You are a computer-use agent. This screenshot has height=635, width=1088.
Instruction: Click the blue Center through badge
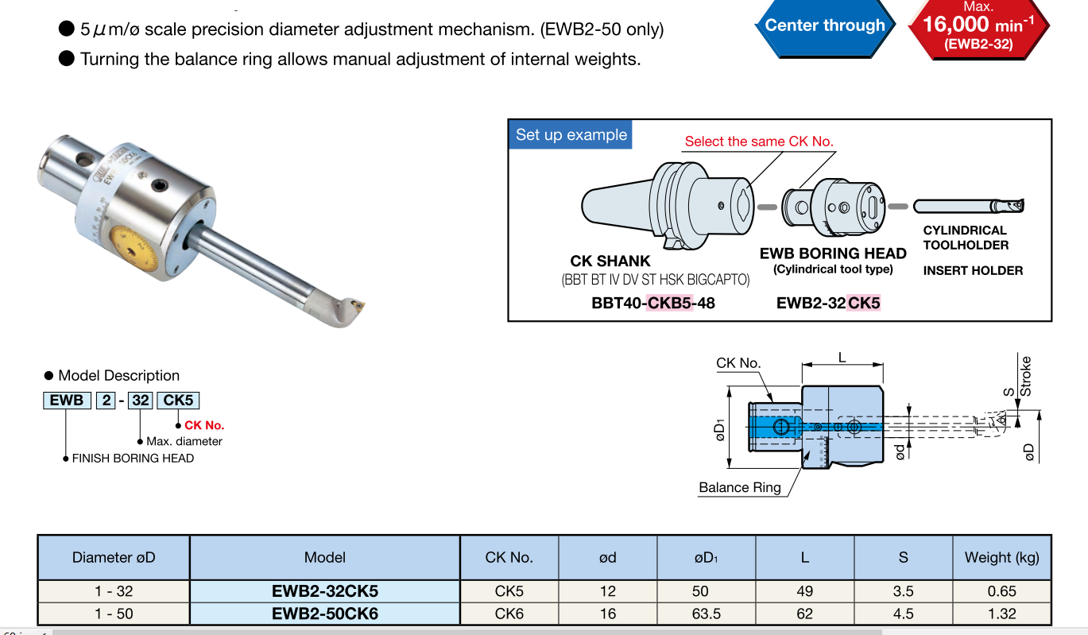point(824,25)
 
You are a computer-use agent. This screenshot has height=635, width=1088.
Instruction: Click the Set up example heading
point(571,135)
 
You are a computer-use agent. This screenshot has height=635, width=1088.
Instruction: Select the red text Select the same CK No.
point(759,141)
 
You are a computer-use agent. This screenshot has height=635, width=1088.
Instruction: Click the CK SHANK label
point(610,261)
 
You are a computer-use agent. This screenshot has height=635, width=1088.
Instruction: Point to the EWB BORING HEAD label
point(833,254)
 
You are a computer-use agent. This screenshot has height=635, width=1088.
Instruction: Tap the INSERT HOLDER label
point(973,271)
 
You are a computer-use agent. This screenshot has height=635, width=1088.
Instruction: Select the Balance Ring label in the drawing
point(740,487)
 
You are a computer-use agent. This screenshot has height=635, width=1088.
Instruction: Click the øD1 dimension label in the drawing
point(720,432)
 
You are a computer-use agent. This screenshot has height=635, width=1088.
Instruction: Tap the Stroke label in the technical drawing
point(1025,376)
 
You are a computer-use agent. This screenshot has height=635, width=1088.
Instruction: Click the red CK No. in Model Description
point(204,425)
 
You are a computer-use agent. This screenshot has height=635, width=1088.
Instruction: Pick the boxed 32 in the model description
point(141,400)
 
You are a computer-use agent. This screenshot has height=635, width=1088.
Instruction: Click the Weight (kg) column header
point(1001,557)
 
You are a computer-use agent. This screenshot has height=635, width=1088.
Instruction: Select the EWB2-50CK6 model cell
point(325,614)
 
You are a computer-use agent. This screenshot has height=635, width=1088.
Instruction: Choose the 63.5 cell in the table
point(706,614)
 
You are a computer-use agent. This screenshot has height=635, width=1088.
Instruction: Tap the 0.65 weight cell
point(1001,591)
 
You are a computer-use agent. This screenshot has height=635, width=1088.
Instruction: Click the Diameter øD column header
point(114,557)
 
